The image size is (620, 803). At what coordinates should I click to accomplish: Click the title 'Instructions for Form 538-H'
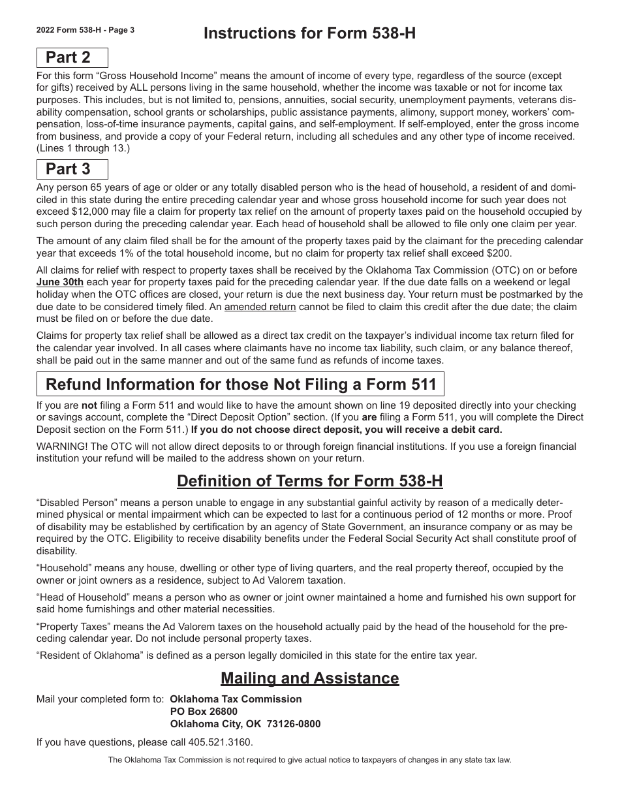click(x=309, y=33)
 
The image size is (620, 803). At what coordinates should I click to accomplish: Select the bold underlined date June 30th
click(x=60, y=283)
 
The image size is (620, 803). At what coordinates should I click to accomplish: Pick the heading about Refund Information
click(x=240, y=385)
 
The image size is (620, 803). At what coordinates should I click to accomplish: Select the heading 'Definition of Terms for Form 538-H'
click(x=309, y=481)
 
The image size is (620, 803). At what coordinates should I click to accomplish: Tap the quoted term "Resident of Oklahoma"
click(x=90, y=655)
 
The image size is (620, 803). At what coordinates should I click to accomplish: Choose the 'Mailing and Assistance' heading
click(x=309, y=678)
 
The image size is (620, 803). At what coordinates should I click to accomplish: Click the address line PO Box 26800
click(x=204, y=712)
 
